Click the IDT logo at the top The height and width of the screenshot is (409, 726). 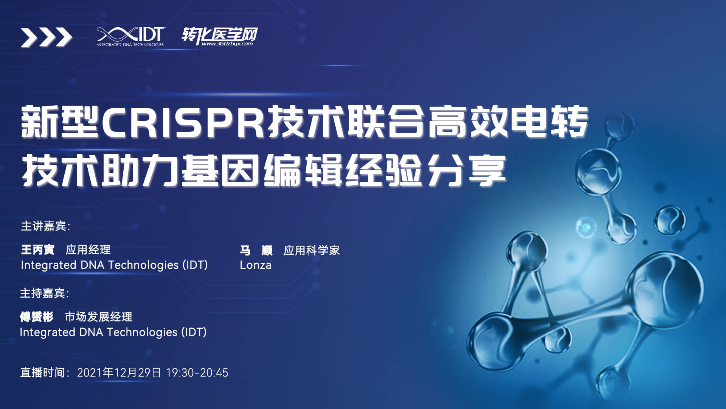130,37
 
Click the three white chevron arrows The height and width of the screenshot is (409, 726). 46,37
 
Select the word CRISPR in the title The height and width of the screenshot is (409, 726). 183,122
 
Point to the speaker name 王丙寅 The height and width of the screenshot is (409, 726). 38,250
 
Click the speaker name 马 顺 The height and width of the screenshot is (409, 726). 256,250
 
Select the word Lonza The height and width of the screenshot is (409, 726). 256,265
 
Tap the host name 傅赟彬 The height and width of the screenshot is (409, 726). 37,317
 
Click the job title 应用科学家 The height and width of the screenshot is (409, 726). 312,250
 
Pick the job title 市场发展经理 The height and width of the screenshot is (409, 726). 99,317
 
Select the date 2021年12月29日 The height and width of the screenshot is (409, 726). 119,373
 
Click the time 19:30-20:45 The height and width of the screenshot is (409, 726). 197,373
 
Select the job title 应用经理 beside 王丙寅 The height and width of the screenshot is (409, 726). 88,250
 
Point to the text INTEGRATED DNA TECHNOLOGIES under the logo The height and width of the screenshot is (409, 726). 130,45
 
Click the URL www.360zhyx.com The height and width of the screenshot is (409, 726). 227,44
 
